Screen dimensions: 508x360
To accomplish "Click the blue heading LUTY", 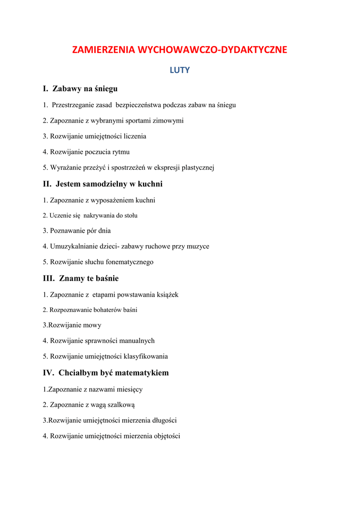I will pyautogui.click(x=180, y=70).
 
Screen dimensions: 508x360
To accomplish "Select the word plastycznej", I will pyautogui.click(x=198, y=167).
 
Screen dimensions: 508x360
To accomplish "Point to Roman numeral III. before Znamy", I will pyautogui.click(x=49, y=278).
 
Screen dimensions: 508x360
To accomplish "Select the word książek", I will pyautogui.click(x=167, y=295).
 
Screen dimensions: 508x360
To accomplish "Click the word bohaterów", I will pyautogui.click(x=108, y=310).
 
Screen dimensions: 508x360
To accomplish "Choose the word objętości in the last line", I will pyautogui.click(x=164, y=436).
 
